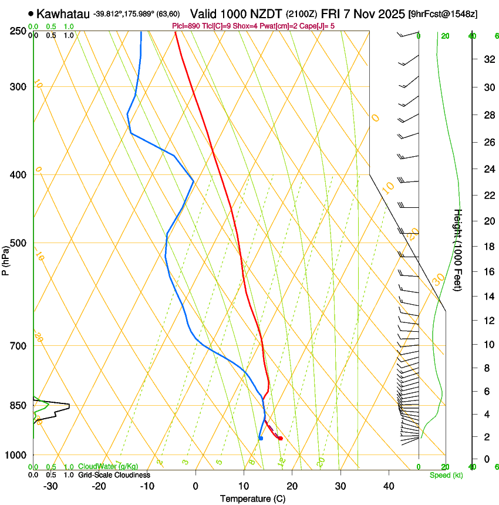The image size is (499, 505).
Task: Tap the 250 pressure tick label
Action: [x=18, y=31]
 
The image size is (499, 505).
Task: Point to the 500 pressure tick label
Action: [x=18, y=243]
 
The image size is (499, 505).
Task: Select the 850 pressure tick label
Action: [x=18, y=406]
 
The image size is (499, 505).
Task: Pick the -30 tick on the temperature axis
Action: [x=50, y=486]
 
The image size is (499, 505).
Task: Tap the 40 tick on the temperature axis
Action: [x=389, y=486]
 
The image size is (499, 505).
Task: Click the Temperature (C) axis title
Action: [x=252, y=499]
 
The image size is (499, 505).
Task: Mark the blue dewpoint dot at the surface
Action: [x=261, y=438]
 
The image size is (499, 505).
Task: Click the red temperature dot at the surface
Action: [x=281, y=439]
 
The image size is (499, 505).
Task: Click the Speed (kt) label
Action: [x=446, y=475]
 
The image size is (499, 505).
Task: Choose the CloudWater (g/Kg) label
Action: [x=108, y=467]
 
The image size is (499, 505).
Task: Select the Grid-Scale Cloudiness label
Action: [x=114, y=474]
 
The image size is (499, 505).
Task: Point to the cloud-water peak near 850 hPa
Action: [x=68, y=405]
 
